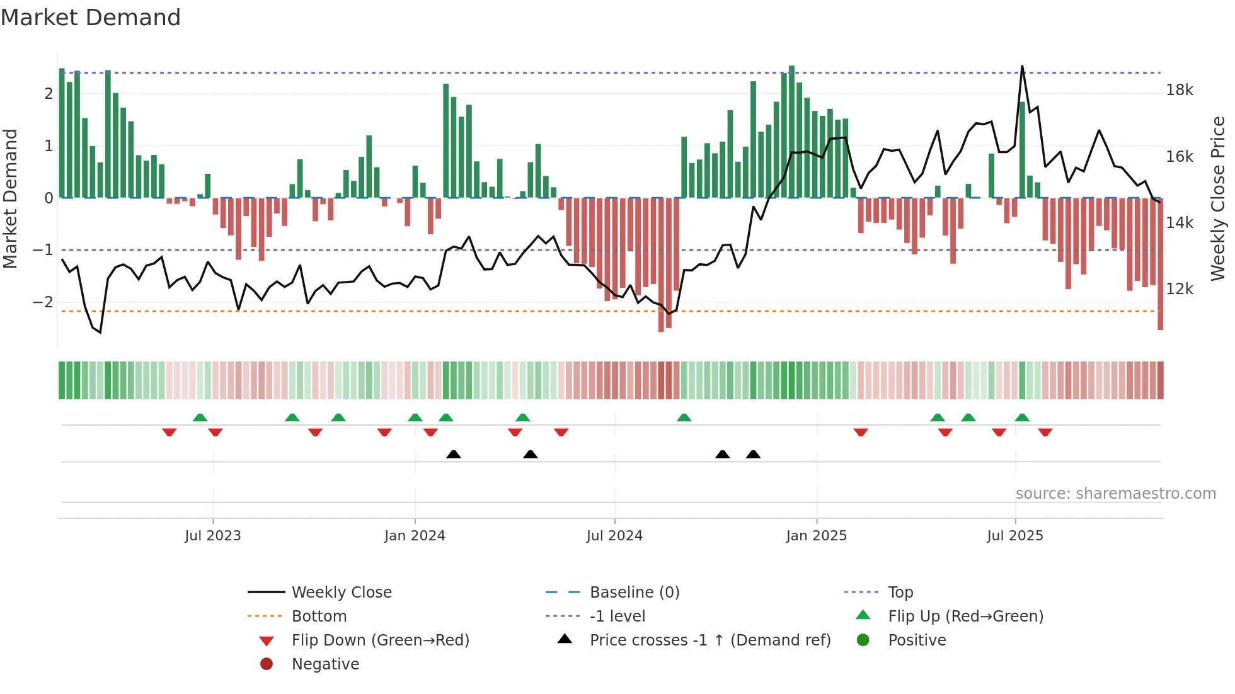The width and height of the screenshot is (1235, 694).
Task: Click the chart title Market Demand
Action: pos(91,18)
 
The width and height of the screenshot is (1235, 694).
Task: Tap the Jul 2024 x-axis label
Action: pos(614,536)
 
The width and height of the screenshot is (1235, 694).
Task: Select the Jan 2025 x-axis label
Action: pos(816,536)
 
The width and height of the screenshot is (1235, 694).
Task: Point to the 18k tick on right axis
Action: pos(1179,90)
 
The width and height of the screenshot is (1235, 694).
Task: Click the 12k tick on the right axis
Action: pos(1179,289)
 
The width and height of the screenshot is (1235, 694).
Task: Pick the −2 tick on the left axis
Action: pos(43,302)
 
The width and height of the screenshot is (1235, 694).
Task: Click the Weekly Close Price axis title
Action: pos(1218,198)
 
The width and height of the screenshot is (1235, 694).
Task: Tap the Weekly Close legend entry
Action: pos(341,593)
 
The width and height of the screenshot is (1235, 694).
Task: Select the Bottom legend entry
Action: pos(319,617)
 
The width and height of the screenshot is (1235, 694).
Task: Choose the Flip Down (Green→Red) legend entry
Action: pos(380,640)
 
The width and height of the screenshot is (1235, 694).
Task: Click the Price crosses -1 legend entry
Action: pos(710,640)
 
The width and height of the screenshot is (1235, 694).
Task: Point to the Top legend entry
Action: pos(900,593)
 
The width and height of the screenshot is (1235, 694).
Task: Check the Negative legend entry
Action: pos(325,664)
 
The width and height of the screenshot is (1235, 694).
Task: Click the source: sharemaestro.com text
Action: pos(1115,494)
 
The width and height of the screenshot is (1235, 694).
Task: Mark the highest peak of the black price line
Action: pos(1022,66)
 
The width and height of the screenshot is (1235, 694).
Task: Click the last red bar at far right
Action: pos(1160,265)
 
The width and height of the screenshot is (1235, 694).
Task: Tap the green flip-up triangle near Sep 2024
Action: pos(684,418)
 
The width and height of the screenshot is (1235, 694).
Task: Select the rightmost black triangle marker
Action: pos(753,454)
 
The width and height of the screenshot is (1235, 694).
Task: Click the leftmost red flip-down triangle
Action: pos(169,433)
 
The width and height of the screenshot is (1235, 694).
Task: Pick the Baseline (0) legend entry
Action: pos(634,593)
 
